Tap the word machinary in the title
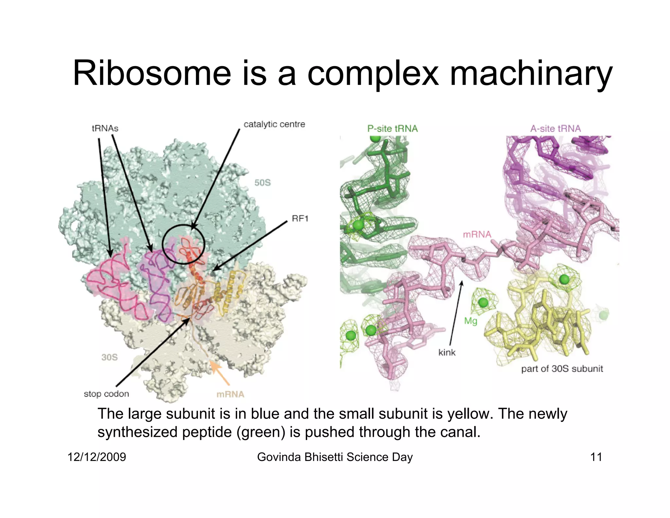531,74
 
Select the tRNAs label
105,128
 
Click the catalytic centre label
274,124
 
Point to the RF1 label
300,218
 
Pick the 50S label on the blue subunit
262,183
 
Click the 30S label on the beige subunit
109,357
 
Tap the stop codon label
106,394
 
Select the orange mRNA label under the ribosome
230,394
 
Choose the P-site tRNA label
392,129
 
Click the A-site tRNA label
555,129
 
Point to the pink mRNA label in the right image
477,234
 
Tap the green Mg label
470,321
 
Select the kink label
447,352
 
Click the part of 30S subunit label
562,369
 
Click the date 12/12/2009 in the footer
97,457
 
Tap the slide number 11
596,457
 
